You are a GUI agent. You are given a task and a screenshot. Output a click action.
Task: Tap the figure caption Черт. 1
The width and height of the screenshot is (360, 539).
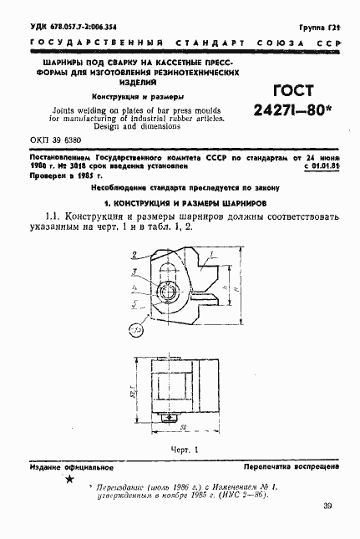pyautogui.click(x=180, y=450)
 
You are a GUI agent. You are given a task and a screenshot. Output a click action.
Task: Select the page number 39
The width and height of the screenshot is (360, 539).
pyautogui.click(x=327, y=506)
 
